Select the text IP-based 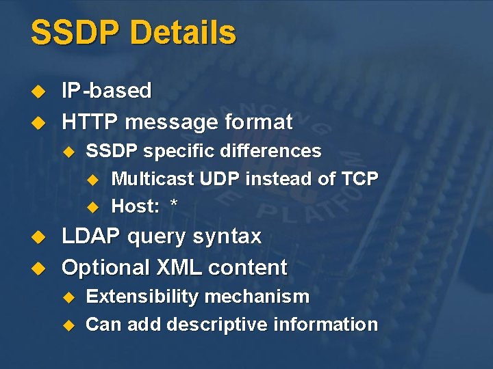107,91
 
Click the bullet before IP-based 39,92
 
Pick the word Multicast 153,179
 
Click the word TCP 359,179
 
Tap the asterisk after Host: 174,205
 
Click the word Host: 134,206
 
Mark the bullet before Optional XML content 39,268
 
